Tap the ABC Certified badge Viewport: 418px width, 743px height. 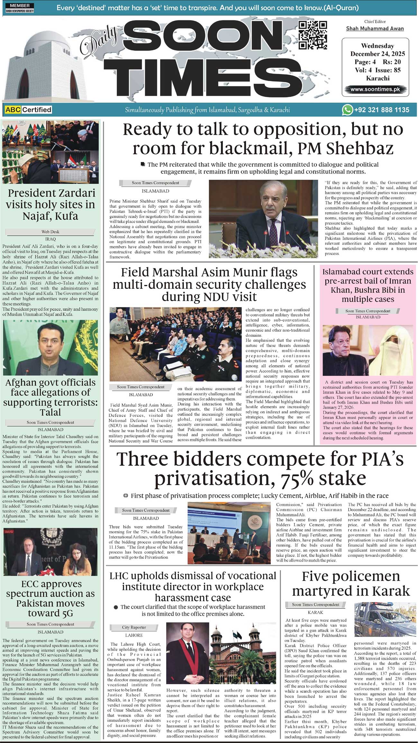point(28,110)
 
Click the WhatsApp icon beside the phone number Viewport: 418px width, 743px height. point(347,110)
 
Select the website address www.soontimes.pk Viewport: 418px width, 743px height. point(375,89)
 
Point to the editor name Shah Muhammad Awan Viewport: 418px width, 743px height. point(375,29)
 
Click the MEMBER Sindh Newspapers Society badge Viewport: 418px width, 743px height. point(20,8)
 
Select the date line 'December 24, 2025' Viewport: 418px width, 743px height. point(377,54)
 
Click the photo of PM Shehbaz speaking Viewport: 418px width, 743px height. point(263,219)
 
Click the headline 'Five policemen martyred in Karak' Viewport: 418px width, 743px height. point(351,583)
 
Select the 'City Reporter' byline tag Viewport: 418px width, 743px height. point(134,627)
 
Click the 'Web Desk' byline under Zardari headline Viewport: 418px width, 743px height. point(50,232)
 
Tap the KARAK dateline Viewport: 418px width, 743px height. point(315,612)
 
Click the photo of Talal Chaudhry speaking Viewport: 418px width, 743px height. point(50,347)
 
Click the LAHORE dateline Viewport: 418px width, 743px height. point(134,635)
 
